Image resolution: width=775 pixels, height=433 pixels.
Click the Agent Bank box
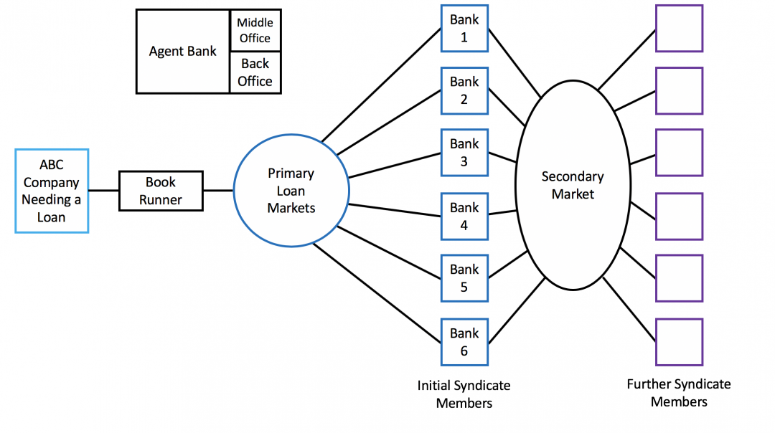pos(183,52)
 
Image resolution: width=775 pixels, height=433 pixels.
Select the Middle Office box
pos(255,30)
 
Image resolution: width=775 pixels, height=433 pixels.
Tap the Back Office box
pos(255,72)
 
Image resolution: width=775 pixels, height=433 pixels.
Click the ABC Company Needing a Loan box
pos(52,191)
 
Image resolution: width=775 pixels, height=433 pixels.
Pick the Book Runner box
pos(161,191)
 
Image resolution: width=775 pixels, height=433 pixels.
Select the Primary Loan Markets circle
pos(291,191)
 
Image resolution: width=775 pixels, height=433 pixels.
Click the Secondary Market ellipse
pos(572,185)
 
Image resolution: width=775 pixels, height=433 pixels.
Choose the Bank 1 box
pos(464,29)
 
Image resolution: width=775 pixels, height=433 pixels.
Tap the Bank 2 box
pos(464,90)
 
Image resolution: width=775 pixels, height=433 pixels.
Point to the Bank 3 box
pos(464,153)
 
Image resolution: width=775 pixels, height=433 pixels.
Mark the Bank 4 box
pos(464,216)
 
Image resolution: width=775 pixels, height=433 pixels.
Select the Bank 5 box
pos(464,278)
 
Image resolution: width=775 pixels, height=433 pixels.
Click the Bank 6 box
pos(464,342)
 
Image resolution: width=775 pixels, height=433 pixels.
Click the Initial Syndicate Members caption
pos(464,394)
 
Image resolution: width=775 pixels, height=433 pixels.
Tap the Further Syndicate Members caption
pos(679,393)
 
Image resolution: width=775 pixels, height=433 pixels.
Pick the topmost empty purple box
pos(679,29)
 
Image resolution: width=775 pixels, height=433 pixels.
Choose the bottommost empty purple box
pos(679,342)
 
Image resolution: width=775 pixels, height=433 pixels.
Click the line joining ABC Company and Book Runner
pos(103,191)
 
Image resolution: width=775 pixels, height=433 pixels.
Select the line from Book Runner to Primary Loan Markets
pos(218,191)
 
